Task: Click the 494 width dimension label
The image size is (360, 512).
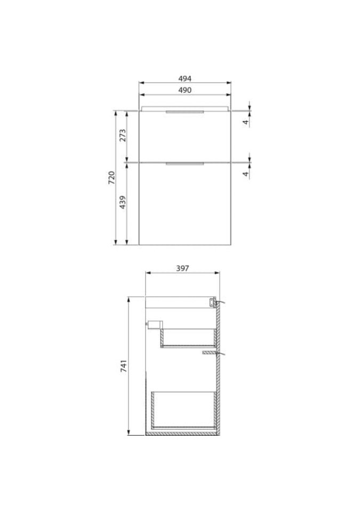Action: (185, 79)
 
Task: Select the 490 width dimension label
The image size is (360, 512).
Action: (185, 91)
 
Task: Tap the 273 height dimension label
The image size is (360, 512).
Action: (123, 135)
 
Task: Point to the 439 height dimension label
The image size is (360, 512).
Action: (123, 202)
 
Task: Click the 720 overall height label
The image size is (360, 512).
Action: (111, 178)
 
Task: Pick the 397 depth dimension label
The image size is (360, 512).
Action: (182, 268)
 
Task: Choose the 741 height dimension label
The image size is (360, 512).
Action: (124, 366)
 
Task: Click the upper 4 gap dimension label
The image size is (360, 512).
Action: (246, 122)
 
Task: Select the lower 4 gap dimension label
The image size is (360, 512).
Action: (246, 174)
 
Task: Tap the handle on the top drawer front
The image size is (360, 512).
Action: (185, 112)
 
